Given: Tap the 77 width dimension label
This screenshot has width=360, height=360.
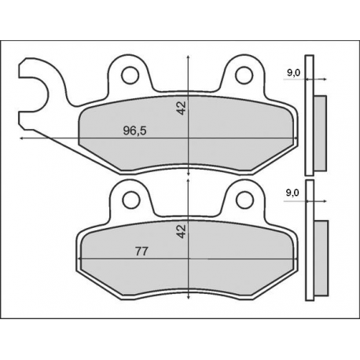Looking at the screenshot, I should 142,252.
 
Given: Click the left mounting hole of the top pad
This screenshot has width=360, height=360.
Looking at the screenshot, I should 130,75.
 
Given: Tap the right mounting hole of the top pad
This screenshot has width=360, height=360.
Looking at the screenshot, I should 244,75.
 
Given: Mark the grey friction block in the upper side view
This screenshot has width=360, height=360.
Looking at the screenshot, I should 321,130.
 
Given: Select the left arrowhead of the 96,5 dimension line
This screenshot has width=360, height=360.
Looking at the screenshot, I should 21,139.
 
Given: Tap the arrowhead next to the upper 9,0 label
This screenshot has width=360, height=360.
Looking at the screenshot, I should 322,79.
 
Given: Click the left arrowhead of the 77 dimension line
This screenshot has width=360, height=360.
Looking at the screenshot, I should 79,259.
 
